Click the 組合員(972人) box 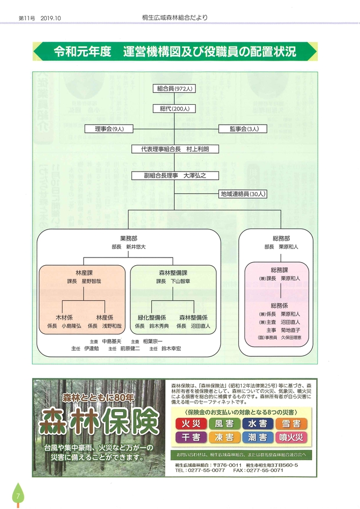pyautogui.click(x=175, y=89)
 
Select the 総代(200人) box pyautogui.click(x=175, y=108)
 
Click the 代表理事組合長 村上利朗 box pyautogui.click(x=175, y=149)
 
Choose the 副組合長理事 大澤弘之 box pyautogui.click(x=175, y=175)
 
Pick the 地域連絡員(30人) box pyautogui.click(x=243, y=194)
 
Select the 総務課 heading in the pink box pyautogui.click(x=280, y=270)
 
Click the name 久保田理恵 pyautogui.click(x=289, y=337)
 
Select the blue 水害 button pyautogui.click(x=257, y=423)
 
